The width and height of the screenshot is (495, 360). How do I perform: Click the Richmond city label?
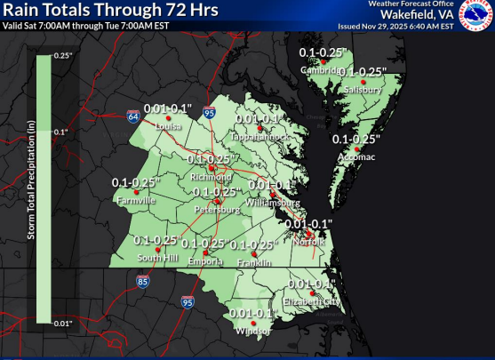211,177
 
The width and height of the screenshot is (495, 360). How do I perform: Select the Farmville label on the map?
134,201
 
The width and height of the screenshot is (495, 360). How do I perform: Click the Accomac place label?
355,156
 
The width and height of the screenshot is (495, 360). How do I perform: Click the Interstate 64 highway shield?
132,116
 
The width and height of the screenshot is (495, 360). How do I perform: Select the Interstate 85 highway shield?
143,282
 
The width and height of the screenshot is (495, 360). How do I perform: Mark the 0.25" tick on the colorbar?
62,56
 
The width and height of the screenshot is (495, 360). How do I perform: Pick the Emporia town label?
204,260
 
